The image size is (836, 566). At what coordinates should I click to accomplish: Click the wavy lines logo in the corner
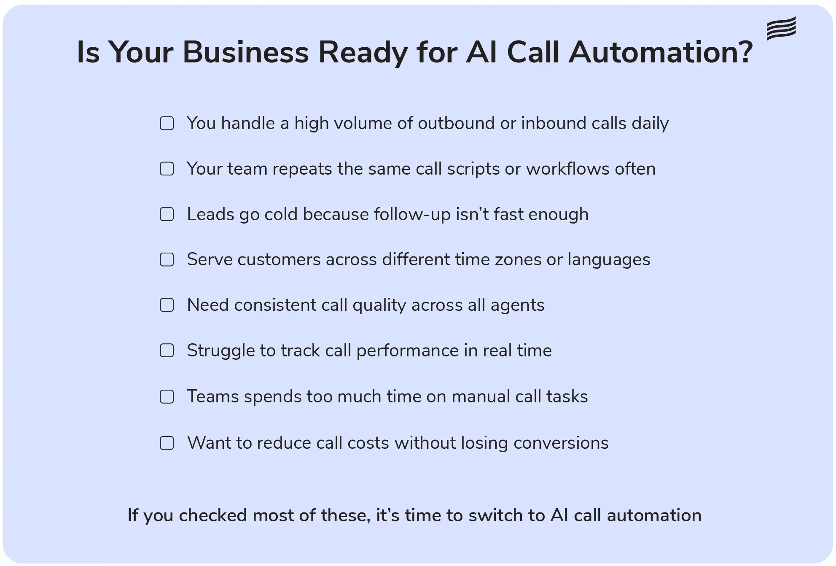pos(781,28)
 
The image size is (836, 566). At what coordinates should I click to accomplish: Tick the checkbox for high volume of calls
pos(167,124)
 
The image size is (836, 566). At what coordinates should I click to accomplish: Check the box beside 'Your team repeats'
pos(167,169)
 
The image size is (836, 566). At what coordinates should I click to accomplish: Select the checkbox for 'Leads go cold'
pos(167,214)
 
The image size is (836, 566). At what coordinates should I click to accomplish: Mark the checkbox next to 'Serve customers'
pos(167,259)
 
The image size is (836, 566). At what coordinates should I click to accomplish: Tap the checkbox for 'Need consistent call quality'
pos(167,305)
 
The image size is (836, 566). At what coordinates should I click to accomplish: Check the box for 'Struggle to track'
pos(167,350)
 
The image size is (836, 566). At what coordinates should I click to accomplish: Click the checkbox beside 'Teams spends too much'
pos(167,396)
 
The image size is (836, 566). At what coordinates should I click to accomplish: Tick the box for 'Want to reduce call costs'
pos(167,443)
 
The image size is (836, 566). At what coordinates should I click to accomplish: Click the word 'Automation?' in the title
pos(660,52)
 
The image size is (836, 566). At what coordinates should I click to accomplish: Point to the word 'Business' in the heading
pos(246,52)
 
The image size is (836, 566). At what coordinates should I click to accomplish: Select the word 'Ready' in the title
pos(363,53)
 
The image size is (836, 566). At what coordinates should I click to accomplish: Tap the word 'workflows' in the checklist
pos(567,169)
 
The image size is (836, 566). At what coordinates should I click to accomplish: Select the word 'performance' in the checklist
pos(407,351)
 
